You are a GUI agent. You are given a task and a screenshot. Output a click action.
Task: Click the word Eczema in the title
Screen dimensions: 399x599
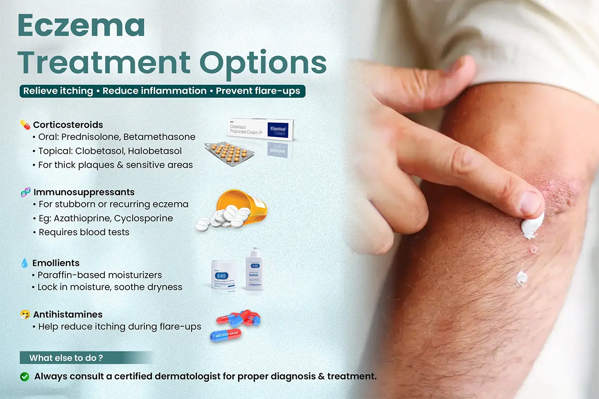point(81,26)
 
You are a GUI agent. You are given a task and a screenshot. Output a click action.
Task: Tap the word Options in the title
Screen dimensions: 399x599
point(263,62)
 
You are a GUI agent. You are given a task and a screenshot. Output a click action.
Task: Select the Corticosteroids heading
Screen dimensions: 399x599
point(68,125)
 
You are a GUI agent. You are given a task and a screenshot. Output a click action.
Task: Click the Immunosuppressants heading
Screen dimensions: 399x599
point(84,192)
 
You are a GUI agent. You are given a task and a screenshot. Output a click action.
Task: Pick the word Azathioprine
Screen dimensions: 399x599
point(79,218)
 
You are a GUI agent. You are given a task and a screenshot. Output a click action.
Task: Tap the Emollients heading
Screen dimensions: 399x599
point(56,263)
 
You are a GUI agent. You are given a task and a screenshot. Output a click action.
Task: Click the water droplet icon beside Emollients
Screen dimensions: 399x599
point(24,263)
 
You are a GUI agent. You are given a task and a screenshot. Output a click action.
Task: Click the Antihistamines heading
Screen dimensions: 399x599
point(68,315)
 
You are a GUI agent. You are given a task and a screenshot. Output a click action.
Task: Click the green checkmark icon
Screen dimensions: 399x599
point(25,376)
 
